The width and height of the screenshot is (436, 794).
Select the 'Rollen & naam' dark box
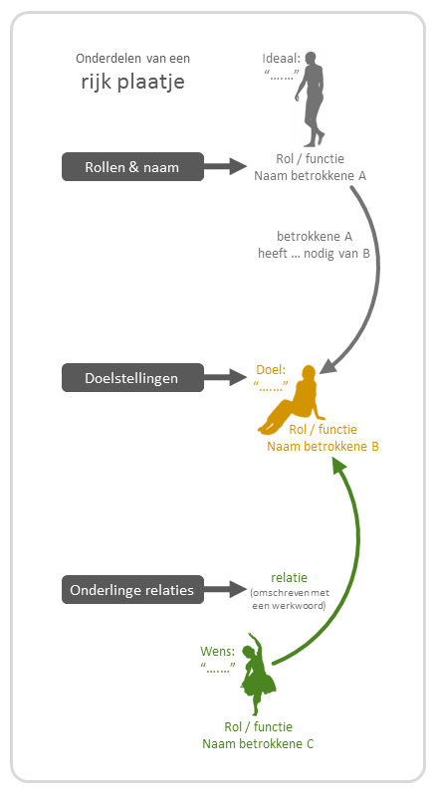[x=132, y=166]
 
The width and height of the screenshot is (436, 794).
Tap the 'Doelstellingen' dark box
[x=132, y=378]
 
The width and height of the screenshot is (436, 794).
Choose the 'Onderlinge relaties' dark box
[x=132, y=589]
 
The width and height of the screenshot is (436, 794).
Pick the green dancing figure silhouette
[x=258, y=675]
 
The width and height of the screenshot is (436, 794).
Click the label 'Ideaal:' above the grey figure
[x=282, y=59]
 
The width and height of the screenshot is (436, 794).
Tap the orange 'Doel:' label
[x=271, y=370]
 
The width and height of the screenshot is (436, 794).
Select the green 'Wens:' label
[x=218, y=651]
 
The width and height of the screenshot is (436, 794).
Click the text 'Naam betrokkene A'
[x=310, y=176]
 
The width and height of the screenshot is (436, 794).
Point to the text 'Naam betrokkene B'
[x=324, y=447]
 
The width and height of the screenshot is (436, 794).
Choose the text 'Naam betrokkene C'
[x=258, y=744]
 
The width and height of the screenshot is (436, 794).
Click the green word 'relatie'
[x=289, y=578]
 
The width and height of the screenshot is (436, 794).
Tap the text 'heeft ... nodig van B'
[x=314, y=253]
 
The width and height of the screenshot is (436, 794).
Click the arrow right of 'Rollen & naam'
[x=225, y=166]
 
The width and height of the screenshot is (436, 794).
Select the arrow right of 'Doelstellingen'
[x=225, y=377]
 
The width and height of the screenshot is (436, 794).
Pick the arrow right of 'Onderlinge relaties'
[x=225, y=589]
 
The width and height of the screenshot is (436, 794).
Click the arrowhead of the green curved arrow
[x=338, y=465]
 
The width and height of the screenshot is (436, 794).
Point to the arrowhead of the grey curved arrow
[x=328, y=365]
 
